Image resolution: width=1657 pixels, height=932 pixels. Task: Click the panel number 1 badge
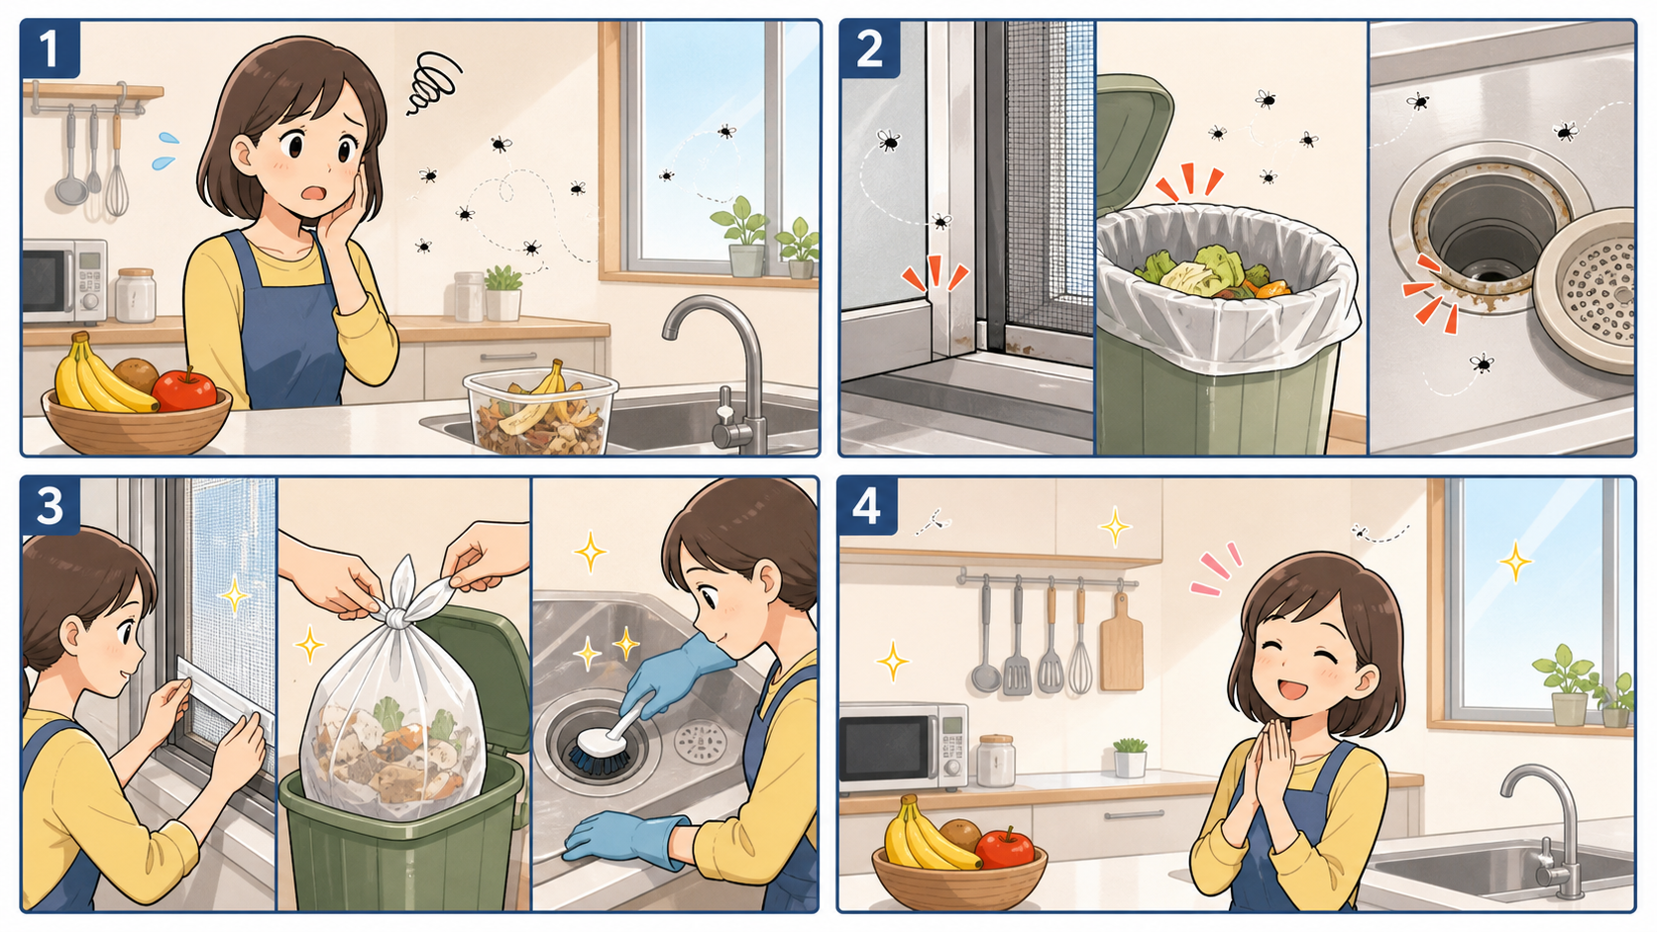(51, 49)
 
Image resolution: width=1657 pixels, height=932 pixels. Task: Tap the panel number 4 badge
(868, 506)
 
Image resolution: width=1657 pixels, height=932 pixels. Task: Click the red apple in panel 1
(185, 389)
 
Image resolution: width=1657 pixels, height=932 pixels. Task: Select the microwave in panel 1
(64, 281)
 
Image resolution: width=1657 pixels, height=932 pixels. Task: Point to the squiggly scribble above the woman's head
(433, 83)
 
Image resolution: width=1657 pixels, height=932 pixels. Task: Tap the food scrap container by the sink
(541, 410)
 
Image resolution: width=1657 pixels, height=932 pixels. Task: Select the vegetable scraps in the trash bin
(1213, 273)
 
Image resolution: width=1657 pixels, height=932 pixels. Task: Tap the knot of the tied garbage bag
(398, 616)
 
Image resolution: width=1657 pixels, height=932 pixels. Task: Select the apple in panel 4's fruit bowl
(1005, 848)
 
